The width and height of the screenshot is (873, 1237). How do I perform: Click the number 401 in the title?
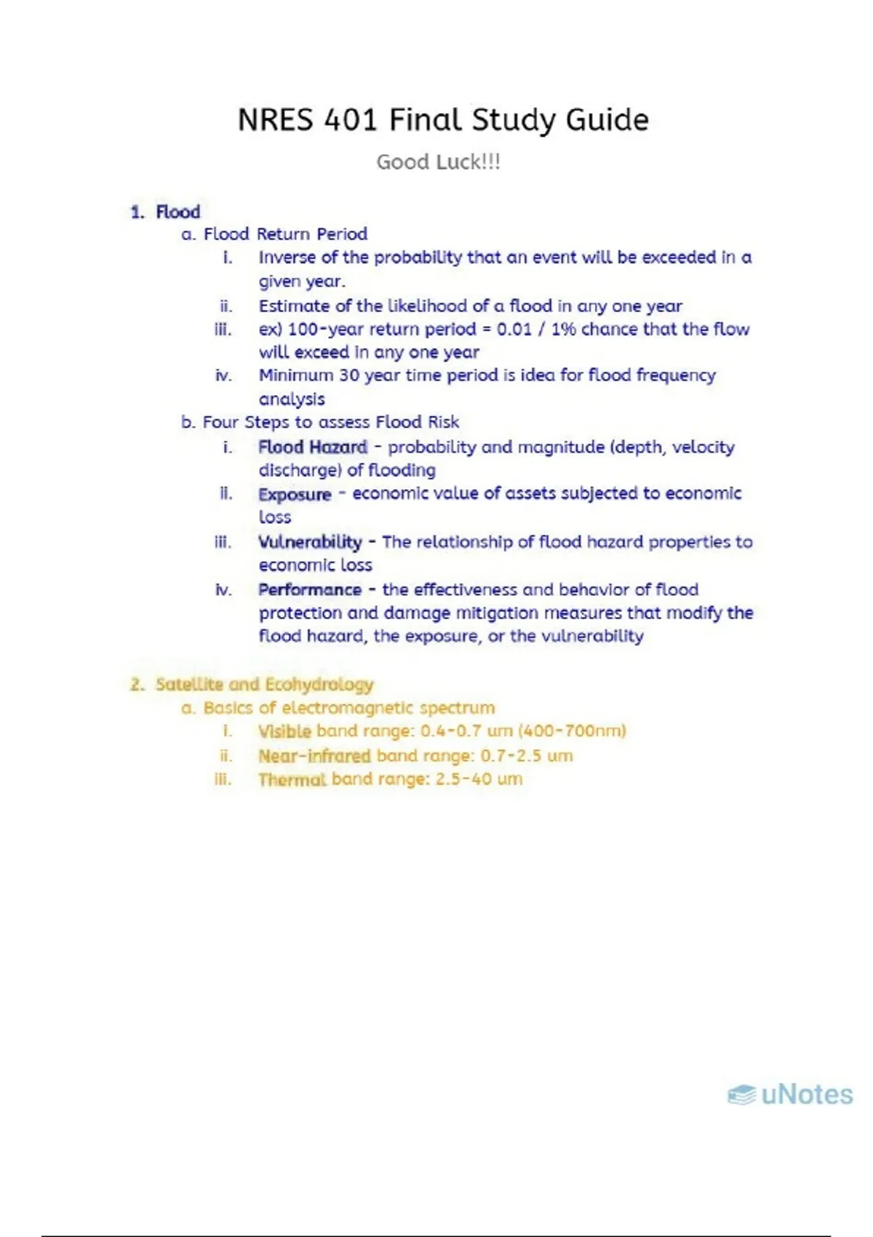click(x=351, y=120)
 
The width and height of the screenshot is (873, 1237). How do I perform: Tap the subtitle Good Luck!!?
click(x=438, y=162)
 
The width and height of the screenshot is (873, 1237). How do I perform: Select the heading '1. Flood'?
click(x=166, y=212)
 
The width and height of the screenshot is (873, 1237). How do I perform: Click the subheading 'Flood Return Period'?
click(x=285, y=234)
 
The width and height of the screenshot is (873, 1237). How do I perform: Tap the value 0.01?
click(x=514, y=329)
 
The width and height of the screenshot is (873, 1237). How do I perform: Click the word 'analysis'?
click(x=292, y=399)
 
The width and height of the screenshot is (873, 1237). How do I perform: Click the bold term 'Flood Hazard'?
click(x=313, y=447)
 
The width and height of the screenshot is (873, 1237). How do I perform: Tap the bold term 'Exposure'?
click(x=295, y=494)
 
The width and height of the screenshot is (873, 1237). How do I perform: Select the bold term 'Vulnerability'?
click(x=310, y=542)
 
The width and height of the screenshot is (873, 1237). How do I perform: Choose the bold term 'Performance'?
click(x=310, y=589)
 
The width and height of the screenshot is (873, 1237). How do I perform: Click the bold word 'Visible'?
click(x=284, y=731)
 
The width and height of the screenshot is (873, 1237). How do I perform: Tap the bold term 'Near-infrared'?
click(x=314, y=756)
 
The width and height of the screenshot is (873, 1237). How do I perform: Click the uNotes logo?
click(x=790, y=1094)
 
